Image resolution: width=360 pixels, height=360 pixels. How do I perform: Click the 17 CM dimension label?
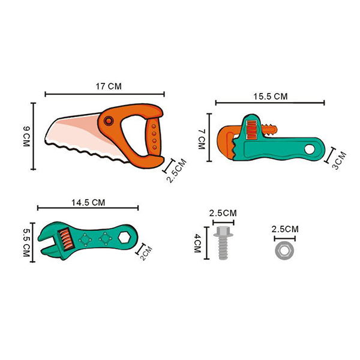(x=109, y=86)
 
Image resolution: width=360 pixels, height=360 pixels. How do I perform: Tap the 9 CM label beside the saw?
(x=26, y=136)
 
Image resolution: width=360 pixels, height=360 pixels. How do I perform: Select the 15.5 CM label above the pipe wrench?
(x=270, y=96)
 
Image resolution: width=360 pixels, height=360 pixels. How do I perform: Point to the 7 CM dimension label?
(x=202, y=139)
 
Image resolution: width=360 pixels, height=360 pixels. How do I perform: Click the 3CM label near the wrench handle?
(x=339, y=160)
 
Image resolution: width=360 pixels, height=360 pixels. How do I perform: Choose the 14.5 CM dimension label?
(x=88, y=203)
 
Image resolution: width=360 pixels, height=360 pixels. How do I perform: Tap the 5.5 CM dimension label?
(x=26, y=243)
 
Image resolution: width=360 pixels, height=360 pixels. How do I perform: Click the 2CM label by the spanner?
(x=146, y=253)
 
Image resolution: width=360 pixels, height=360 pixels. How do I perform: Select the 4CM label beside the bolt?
(x=197, y=243)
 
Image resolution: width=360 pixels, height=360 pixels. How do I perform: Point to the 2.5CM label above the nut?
(x=285, y=229)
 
